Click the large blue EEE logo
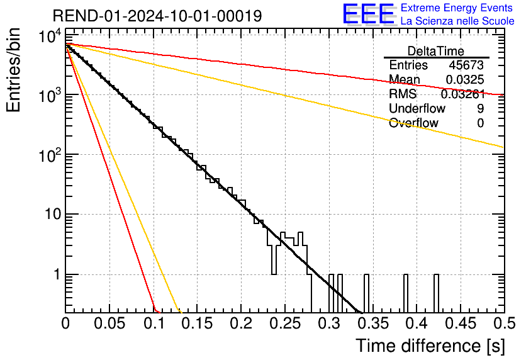367,14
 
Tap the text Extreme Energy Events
457,8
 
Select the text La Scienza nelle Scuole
457,21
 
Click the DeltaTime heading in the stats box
436,51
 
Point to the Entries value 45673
466,65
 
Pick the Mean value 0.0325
464,80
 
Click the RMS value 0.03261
462,94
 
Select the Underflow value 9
480,109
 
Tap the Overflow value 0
480,123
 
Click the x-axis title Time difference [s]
429,346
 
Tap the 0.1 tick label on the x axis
154,324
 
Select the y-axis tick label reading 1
55,275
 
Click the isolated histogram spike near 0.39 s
406,293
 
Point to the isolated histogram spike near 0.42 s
437,293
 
